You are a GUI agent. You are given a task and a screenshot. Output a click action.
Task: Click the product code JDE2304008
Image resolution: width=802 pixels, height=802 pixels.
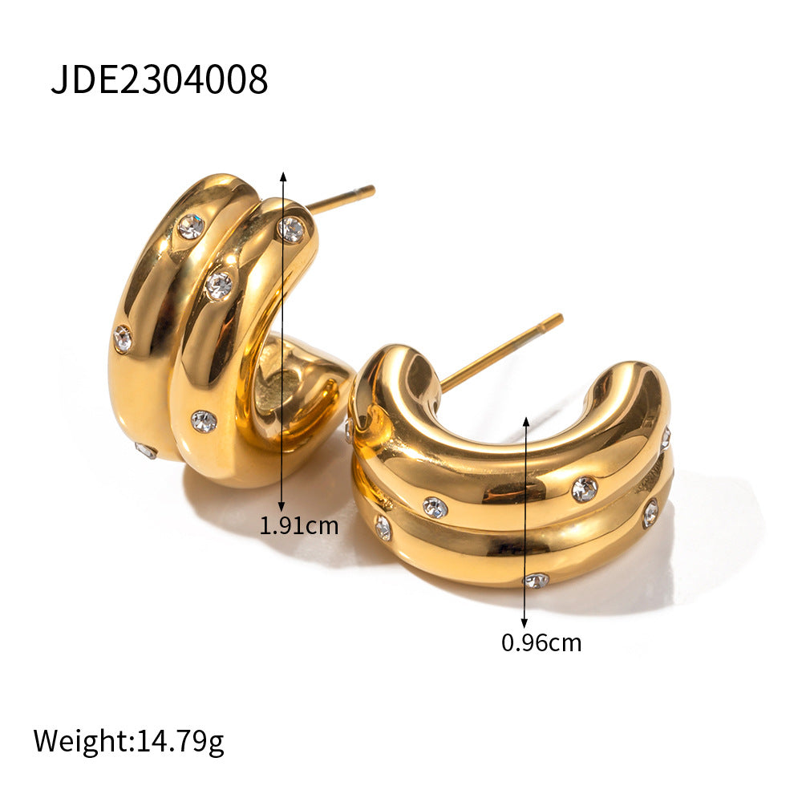tap(159, 80)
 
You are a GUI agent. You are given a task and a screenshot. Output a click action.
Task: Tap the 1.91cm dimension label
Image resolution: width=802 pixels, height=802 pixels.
tap(298, 526)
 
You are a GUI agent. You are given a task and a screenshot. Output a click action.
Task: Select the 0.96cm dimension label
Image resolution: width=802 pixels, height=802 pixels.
tap(541, 642)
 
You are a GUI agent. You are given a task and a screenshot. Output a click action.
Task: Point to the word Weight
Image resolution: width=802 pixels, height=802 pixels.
tap(79, 741)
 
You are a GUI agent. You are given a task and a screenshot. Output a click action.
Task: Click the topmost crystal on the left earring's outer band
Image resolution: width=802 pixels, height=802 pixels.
tap(191, 227)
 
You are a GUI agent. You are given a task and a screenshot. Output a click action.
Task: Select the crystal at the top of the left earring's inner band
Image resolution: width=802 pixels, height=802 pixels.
tap(291, 229)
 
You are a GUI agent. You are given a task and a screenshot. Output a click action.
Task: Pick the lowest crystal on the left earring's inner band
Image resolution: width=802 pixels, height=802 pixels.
tap(204, 420)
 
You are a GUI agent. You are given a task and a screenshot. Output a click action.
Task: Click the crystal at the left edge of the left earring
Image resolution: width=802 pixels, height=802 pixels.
tap(123, 338)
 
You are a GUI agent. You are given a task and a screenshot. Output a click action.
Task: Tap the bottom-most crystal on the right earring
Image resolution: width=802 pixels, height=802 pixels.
tap(536, 580)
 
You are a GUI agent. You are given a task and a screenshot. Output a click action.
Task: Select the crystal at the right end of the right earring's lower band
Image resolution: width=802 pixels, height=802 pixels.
tap(650, 513)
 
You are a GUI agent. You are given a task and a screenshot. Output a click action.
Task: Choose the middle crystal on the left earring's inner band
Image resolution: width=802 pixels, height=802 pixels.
tap(218, 285)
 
